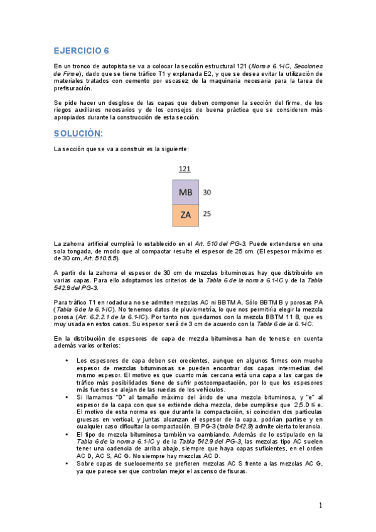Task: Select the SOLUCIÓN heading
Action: tap(77, 134)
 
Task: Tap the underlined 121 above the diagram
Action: tap(185, 169)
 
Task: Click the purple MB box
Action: tap(185, 193)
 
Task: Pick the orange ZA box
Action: tap(185, 215)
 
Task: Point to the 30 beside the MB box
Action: tap(207, 193)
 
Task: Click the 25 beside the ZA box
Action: tap(207, 214)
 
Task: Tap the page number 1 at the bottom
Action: tap(320, 506)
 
